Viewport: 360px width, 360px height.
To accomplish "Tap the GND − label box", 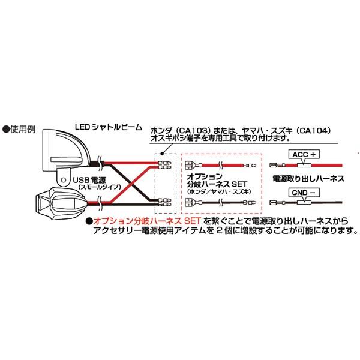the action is pyautogui.click(x=304, y=193).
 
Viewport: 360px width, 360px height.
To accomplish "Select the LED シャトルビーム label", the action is pyautogui.click(x=109, y=127).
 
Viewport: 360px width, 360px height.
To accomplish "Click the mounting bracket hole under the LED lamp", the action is pyautogui.click(x=61, y=178).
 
